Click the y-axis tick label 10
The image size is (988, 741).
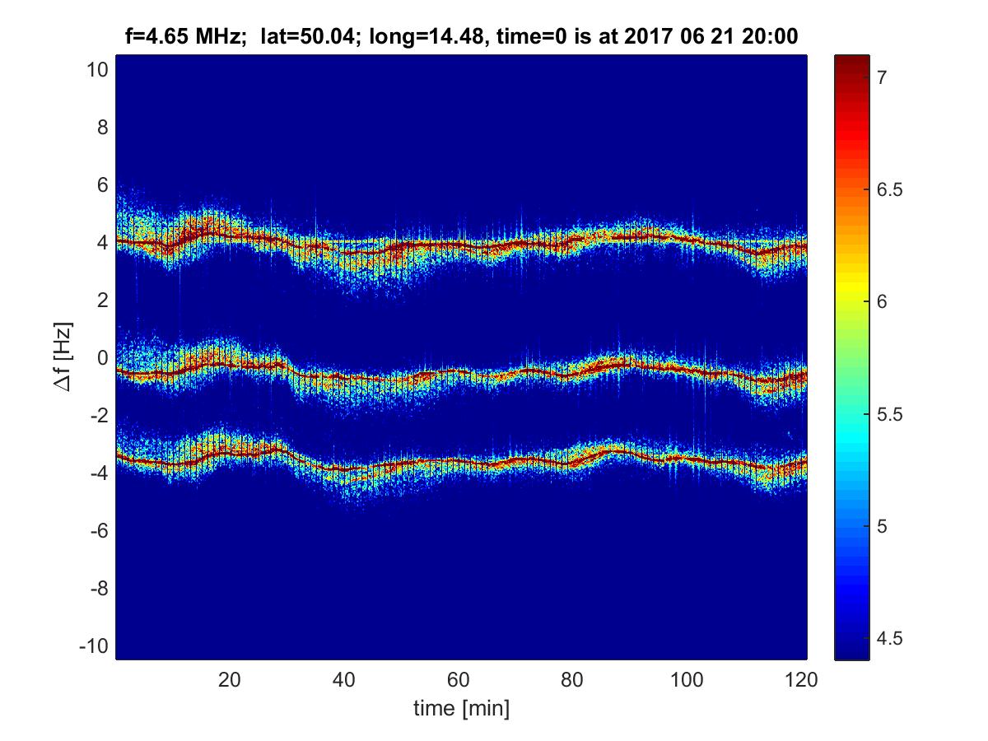click(x=97, y=70)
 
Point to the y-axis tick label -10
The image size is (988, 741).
click(x=94, y=646)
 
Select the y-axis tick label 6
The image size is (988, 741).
click(x=101, y=185)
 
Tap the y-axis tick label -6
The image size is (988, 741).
click(x=98, y=531)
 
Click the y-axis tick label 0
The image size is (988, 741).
click(x=101, y=358)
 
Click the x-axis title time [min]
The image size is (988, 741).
click(x=460, y=708)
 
